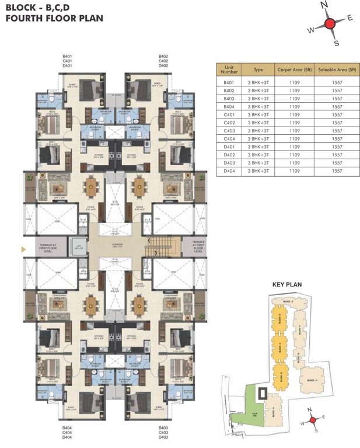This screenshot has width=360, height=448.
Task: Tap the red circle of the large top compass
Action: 329,23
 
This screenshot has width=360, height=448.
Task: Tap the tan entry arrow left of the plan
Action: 23,250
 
